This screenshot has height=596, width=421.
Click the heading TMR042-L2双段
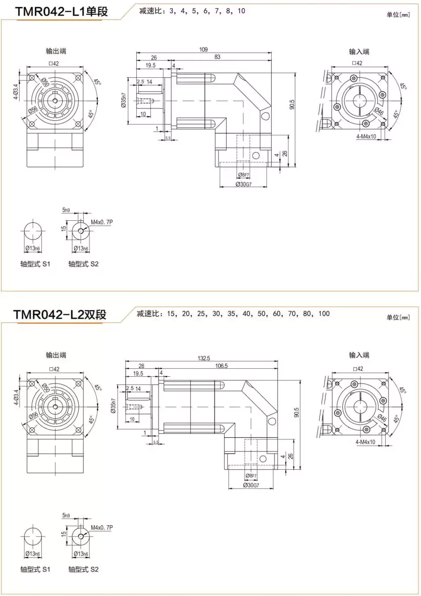point(60,315)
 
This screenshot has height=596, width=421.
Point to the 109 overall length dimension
point(203,49)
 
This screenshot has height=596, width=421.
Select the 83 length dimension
point(217,57)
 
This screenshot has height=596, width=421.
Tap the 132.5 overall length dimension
point(204,358)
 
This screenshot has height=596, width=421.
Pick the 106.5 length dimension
point(221,366)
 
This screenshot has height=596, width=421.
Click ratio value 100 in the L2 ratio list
point(324,314)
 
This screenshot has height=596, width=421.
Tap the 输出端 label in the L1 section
point(56,52)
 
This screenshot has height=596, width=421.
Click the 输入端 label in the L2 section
point(359,355)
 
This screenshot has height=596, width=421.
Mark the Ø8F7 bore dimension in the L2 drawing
point(252,476)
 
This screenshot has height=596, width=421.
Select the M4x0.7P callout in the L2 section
point(101,528)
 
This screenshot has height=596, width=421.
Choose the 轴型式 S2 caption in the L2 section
point(83,569)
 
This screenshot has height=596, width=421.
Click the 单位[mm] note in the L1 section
point(398,15)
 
